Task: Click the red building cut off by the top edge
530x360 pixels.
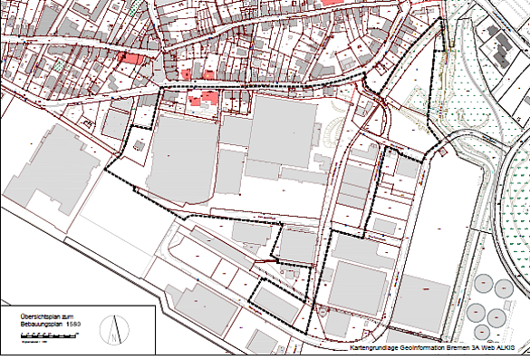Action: click(x=332, y=3)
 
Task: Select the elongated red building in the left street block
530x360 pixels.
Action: click(x=132, y=59)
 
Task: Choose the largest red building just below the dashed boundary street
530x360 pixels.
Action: click(x=208, y=98)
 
